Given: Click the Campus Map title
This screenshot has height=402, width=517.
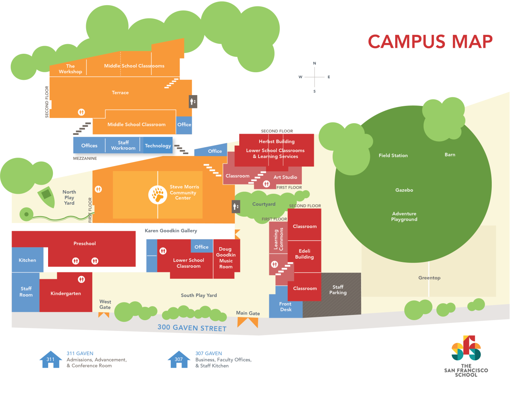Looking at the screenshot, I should pyautogui.click(x=430, y=42).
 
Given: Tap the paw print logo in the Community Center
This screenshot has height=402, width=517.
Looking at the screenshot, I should pyautogui.click(x=158, y=195).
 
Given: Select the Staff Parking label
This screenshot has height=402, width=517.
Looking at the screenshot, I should pyautogui.click(x=338, y=290).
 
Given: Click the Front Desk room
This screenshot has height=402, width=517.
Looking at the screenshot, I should pyautogui.click(x=285, y=307).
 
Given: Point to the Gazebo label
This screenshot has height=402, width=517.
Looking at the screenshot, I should pyautogui.click(x=404, y=190).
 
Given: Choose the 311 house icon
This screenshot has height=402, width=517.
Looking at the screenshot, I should pyautogui.click(x=50, y=359).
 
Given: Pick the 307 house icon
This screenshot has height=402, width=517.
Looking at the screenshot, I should pyautogui.click(x=179, y=359).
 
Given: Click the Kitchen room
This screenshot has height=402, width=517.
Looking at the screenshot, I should pyautogui.click(x=27, y=260).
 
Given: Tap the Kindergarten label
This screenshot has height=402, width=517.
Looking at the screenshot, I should pyautogui.click(x=66, y=293).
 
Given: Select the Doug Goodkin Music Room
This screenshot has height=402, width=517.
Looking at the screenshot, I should pyautogui.click(x=226, y=258).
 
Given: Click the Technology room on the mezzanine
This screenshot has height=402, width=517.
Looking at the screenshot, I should pyautogui.click(x=158, y=146).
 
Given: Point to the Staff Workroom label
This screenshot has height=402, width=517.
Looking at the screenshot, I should pyautogui.click(x=123, y=145).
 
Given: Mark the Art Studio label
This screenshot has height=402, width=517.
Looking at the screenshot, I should pyautogui.click(x=285, y=177).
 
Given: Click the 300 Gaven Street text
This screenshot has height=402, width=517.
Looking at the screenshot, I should pyautogui.click(x=192, y=328).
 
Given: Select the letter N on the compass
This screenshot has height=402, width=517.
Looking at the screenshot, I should pyautogui.click(x=315, y=63).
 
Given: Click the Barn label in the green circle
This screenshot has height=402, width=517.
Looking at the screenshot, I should pyautogui.click(x=450, y=154).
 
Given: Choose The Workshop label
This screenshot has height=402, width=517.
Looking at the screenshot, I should pyautogui.click(x=70, y=69).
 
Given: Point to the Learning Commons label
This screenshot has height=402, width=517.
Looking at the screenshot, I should pyautogui.click(x=279, y=239).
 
